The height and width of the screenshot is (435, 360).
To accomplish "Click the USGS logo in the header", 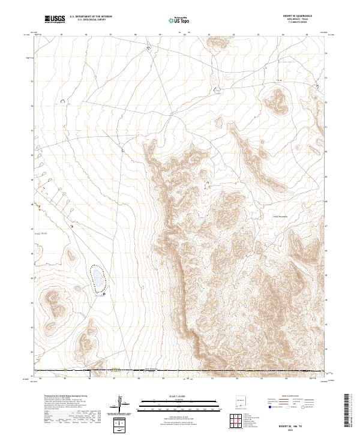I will tap(55, 19).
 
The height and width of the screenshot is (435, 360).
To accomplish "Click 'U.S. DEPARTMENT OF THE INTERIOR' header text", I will tap(91, 17).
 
